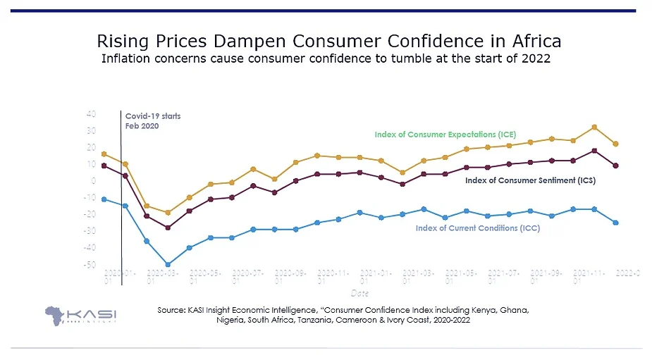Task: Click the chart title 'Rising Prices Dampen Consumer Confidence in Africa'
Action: (328, 39)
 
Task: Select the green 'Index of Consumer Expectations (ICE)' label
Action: (445, 134)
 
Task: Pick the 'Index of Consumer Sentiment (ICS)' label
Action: (530, 180)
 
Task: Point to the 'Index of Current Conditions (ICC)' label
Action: (477, 228)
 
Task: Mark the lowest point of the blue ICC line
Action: (168, 265)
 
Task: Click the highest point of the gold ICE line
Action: (595, 127)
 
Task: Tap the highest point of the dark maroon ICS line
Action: (595, 151)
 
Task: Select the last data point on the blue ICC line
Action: (616, 223)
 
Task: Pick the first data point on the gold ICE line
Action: (104, 154)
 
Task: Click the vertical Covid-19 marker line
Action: (122, 211)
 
